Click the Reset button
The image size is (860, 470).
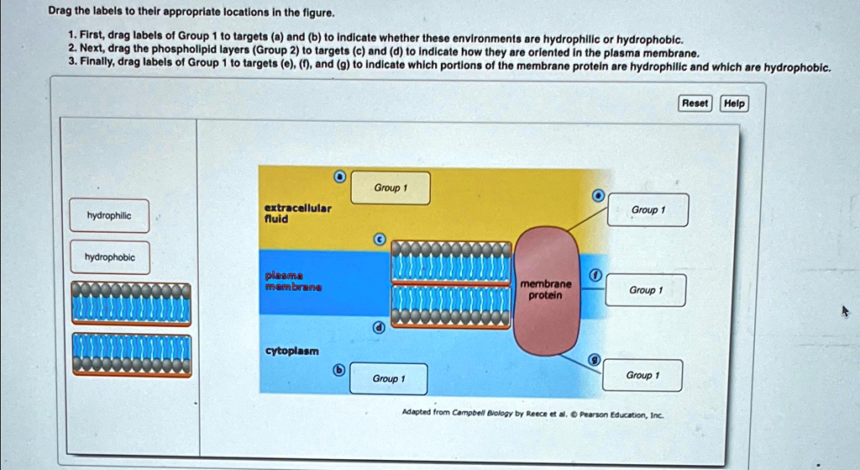click(x=695, y=103)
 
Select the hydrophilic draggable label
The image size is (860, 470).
click(x=109, y=216)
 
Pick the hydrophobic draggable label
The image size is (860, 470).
click(x=109, y=257)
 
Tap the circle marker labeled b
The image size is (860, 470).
click(x=339, y=370)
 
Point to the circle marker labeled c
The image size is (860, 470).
click(x=380, y=240)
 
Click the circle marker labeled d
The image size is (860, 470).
click(x=380, y=328)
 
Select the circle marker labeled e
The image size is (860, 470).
click(x=598, y=195)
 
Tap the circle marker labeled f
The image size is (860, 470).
click(x=595, y=276)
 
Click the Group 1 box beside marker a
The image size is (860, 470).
click(x=390, y=188)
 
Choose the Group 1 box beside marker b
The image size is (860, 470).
click(x=388, y=379)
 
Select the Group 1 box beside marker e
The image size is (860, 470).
click(x=648, y=210)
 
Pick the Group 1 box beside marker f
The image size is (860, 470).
click(x=646, y=290)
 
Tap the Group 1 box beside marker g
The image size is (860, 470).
click(x=642, y=375)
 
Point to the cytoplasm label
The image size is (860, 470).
click(x=291, y=350)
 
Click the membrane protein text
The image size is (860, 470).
click(x=546, y=290)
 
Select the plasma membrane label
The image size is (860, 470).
click(x=290, y=281)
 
